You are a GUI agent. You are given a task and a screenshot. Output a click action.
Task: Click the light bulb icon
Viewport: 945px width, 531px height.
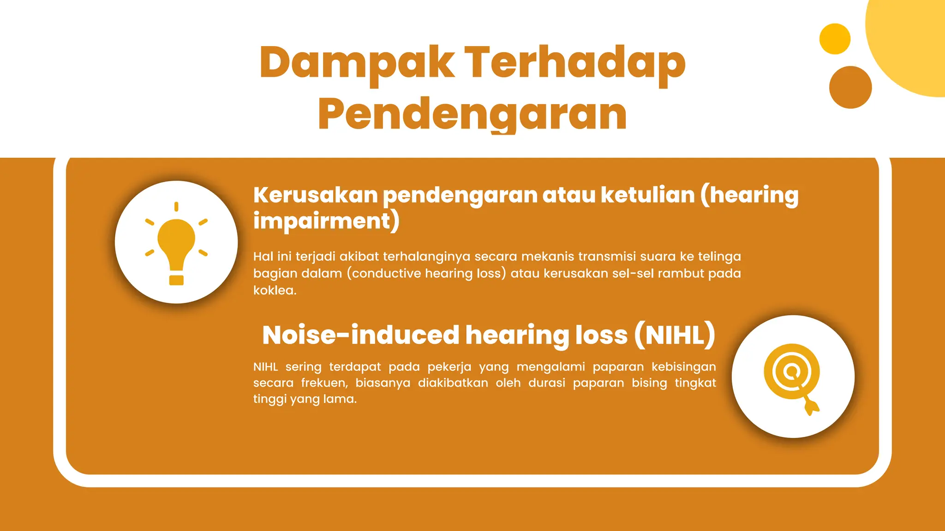click(176, 243)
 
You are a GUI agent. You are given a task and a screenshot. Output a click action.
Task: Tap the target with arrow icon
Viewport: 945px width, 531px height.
click(792, 377)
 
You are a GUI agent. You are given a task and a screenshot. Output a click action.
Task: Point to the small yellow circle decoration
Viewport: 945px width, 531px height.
click(835, 39)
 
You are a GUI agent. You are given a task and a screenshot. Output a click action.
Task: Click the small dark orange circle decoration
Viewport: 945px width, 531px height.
click(850, 87)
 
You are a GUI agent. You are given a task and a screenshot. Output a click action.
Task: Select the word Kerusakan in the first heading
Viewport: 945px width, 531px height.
click(315, 195)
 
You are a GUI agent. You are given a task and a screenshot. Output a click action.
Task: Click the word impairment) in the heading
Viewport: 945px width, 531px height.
click(326, 221)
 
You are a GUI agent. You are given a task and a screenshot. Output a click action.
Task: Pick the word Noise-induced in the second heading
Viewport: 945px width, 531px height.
click(360, 335)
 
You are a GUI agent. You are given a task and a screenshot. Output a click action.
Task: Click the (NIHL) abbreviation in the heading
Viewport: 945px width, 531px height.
click(675, 335)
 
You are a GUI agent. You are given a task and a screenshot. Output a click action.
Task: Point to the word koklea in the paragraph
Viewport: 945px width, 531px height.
click(274, 290)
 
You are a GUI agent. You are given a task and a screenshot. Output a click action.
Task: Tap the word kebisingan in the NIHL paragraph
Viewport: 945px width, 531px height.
click(683, 367)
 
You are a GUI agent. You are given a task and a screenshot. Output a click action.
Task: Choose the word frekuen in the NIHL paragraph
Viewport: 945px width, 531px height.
click(324, 383)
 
